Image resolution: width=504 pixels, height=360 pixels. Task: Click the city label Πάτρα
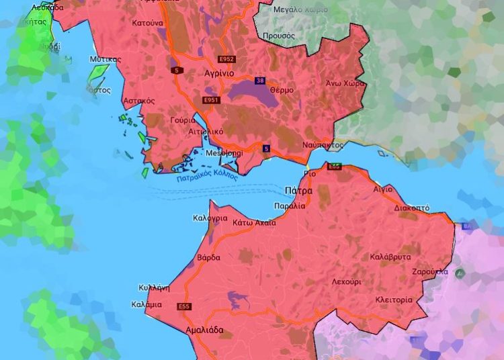point(298,191)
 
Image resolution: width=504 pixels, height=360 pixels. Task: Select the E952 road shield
point(227,59)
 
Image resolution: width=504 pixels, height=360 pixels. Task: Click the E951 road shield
point(211,100)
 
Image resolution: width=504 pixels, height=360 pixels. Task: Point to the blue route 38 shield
point(260,81)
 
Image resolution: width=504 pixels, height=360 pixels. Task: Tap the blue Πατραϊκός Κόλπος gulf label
point(207,176)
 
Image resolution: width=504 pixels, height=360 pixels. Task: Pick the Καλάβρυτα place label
point(390,257)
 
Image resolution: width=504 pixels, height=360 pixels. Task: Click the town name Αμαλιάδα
point(204,330)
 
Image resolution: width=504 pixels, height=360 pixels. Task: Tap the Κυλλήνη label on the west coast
point(153,287)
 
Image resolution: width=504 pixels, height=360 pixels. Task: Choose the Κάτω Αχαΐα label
point(253,222)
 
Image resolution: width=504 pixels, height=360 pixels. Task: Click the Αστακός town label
point(139,100)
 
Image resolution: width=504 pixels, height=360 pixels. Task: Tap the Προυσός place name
point(278,35)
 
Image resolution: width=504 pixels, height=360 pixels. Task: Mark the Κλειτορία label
point(394,300)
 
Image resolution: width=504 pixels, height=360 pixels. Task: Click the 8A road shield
point(466,227)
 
